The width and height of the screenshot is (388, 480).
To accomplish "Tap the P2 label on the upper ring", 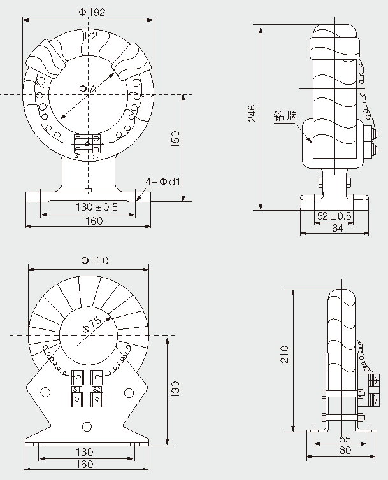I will coord(91,36).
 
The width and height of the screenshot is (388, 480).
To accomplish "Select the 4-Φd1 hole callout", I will coord(163,182).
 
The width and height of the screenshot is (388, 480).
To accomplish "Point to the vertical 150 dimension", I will coord(176,139).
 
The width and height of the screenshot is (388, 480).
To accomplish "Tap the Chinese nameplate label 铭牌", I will coord(285,116).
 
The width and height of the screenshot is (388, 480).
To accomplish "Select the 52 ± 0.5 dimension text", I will coord(334,216).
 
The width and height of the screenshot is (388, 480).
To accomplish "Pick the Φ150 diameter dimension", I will coord(95,260).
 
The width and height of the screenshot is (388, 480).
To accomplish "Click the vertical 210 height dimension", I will coord(285,354).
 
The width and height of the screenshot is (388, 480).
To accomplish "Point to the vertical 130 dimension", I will coord(176,387).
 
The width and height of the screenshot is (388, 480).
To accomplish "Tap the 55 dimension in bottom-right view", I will coord(345,439).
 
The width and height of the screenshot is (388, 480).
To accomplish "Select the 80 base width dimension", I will coord(345,451).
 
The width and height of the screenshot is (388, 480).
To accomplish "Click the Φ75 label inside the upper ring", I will coord(90,90).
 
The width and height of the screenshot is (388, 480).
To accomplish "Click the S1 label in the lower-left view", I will coord(77,388).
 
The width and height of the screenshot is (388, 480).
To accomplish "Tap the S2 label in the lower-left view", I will coord(97,388).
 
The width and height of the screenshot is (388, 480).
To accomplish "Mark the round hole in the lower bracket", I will coord(87,427).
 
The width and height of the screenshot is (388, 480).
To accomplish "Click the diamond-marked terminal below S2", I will coord(97,400).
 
